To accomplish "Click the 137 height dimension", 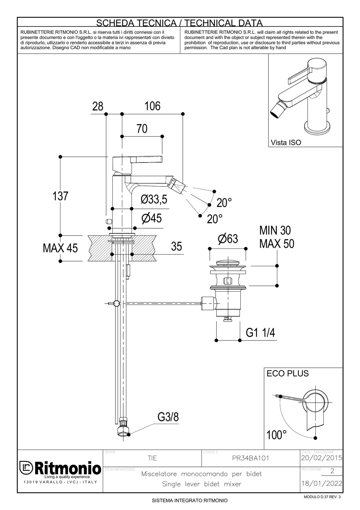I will tap(60, 196).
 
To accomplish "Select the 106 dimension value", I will tap(152, 106).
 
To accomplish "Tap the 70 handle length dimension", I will tap(142, 129).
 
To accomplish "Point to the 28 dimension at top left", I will tap(98, 106).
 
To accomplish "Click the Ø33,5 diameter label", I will tap(154, 199).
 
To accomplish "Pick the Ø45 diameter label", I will tap(152, 218).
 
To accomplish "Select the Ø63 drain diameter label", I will tap(228, 239).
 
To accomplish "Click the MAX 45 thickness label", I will tap(60, 248).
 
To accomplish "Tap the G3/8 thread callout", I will tap(168, 417).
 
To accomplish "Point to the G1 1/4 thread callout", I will tap(260, 333).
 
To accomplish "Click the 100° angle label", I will tap(276, 435).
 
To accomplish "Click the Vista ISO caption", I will tap(286, 143).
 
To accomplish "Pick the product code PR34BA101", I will tap(250, 458).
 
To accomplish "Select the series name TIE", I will tap(152, 458).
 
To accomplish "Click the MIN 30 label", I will tap(275, 230).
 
